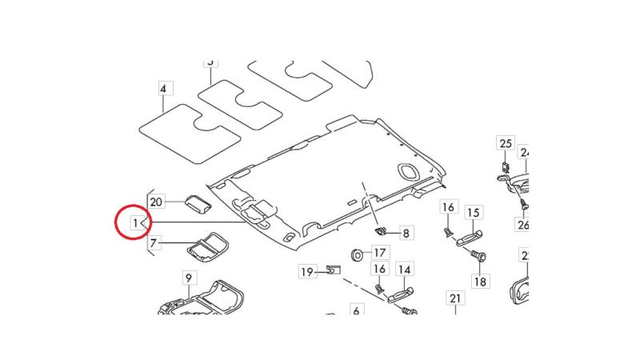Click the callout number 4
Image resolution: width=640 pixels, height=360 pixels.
click(x=162, y=88)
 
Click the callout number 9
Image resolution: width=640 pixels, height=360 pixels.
click(x=189, y=278)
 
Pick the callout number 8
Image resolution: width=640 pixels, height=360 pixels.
click(x=406, y=234)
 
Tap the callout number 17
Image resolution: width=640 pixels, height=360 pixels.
click(x=379, y=254)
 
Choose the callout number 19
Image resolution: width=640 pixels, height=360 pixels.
click(x=307, y=272)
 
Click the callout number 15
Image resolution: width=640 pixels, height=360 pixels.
click(x=474, y=212)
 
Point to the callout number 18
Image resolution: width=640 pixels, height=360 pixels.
click(x=480, y=282)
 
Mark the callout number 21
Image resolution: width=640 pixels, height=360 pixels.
click(x=455, y=299)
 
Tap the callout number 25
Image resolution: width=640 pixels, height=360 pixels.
click(x=506, y=144)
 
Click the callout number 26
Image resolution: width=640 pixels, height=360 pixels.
click(x=523, y=225)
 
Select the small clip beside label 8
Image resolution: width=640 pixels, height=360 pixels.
click(x=382, y=230)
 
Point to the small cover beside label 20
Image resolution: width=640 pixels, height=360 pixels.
click(x=197, y=202)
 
